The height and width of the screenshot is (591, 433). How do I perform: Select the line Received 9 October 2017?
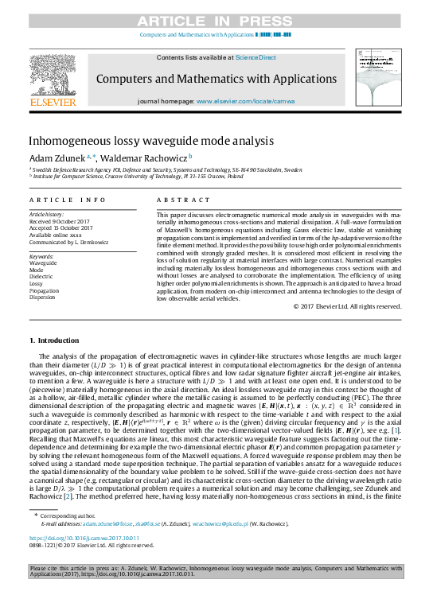60,222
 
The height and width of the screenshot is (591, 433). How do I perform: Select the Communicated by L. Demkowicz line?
64,242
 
